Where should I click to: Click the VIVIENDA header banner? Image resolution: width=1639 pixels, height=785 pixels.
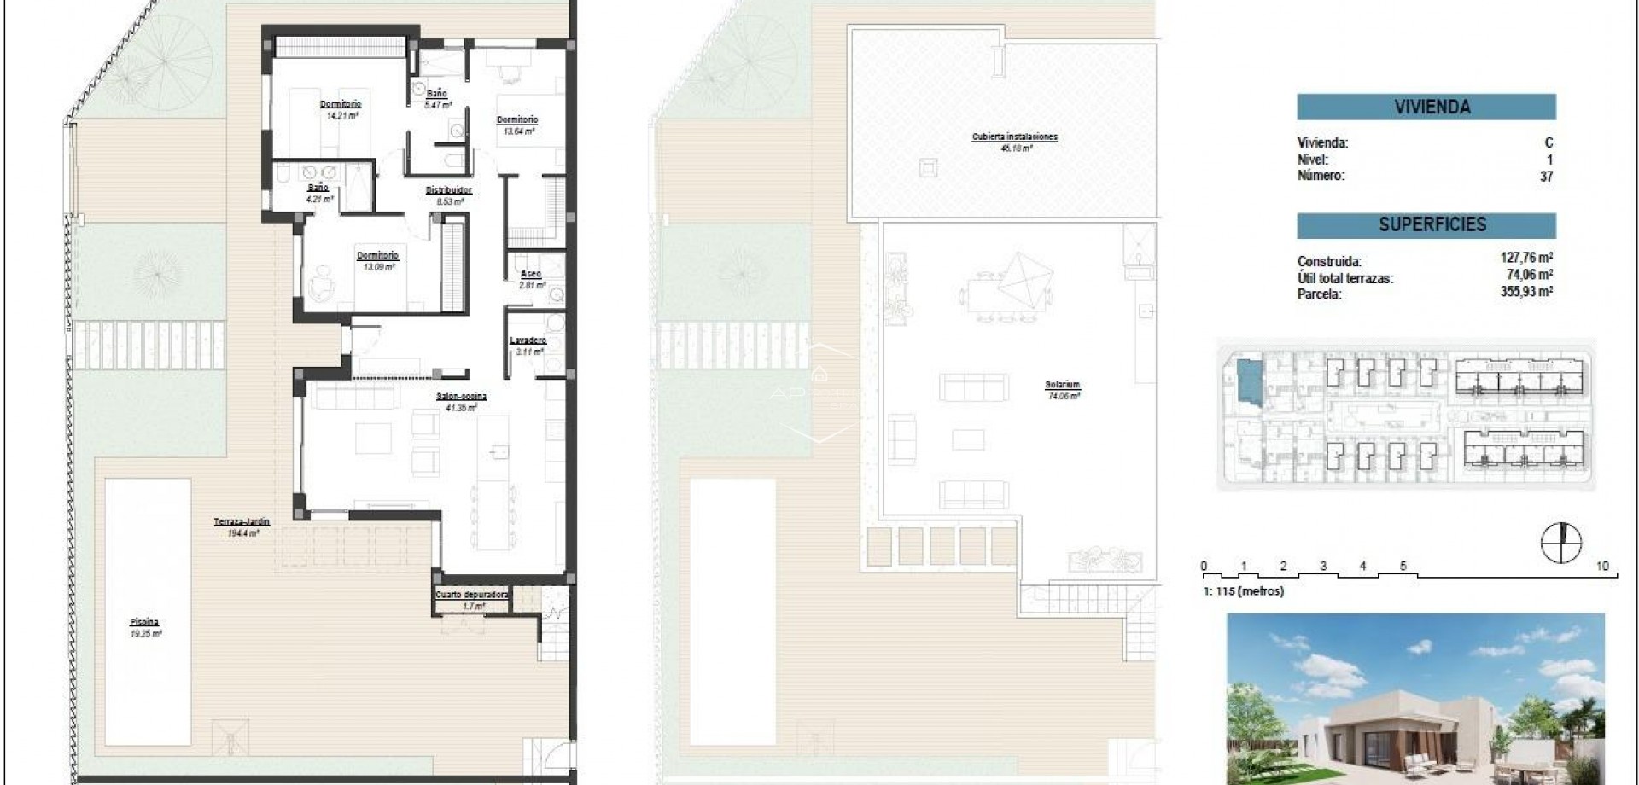(x=1426, y=107)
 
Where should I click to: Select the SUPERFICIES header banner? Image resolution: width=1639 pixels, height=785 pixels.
(x=1426, y=224)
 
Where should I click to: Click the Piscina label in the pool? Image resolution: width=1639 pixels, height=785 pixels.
(x=145, y=623)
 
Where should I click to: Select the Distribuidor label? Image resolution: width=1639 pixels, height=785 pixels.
(x=449, y=190)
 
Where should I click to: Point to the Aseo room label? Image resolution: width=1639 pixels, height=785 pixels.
(x=531, y=275)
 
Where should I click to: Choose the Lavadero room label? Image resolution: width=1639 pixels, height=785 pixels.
(x=528, y=340)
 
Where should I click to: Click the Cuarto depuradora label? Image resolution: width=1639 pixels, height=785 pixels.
(x=472, y=595)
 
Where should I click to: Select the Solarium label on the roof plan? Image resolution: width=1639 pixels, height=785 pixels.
(x=1062, y=385)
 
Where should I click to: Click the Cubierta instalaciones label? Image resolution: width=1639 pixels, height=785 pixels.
(x=1014, y=137)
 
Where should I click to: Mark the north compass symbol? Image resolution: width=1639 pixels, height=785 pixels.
(x=1561, y=544)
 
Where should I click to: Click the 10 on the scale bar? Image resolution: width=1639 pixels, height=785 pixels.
(x=1602, y=567)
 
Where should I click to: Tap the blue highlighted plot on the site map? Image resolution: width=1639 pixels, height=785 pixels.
(x=1249, y=381)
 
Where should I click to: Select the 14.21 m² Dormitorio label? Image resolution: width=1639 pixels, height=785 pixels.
(x=340, y=104)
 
